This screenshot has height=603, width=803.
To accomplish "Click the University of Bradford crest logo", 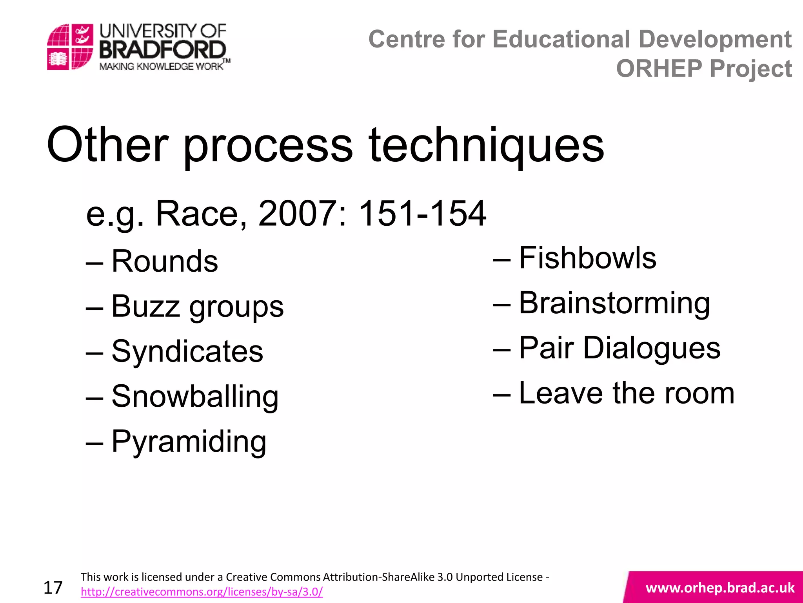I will point(70,47).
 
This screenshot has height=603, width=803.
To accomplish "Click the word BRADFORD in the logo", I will point(163,50).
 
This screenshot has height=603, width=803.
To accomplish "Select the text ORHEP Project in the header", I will point(704,69).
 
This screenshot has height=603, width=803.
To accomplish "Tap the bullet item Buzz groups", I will point(197,306).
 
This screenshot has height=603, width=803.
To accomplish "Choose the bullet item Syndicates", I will point(187,351).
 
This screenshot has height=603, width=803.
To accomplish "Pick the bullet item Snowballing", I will point(195,396).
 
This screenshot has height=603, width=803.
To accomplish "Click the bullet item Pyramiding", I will point(189,441).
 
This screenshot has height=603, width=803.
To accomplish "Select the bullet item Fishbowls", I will point(587,258).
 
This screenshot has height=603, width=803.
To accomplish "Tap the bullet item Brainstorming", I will point(614,303).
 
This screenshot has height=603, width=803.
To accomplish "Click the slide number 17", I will point(53,588).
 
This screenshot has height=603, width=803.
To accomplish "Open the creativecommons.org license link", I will point(202,592).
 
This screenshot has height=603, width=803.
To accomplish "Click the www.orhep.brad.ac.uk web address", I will point(720,588).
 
